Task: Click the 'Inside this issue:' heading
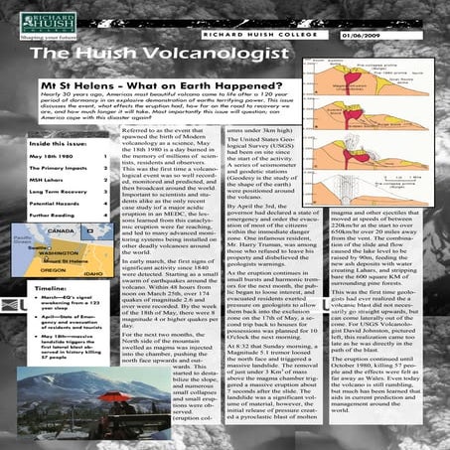63,144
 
